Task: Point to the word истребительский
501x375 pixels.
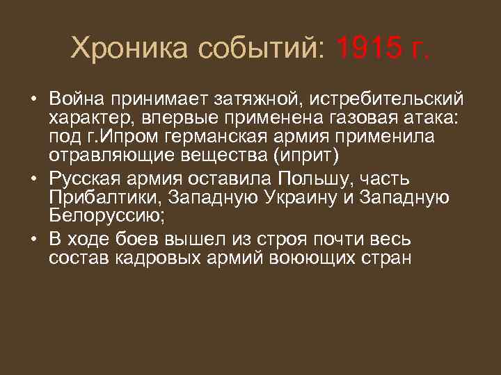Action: pos(392,99)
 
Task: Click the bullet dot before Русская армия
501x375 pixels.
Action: pos(33,178)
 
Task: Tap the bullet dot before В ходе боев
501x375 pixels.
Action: pos(33,240)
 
